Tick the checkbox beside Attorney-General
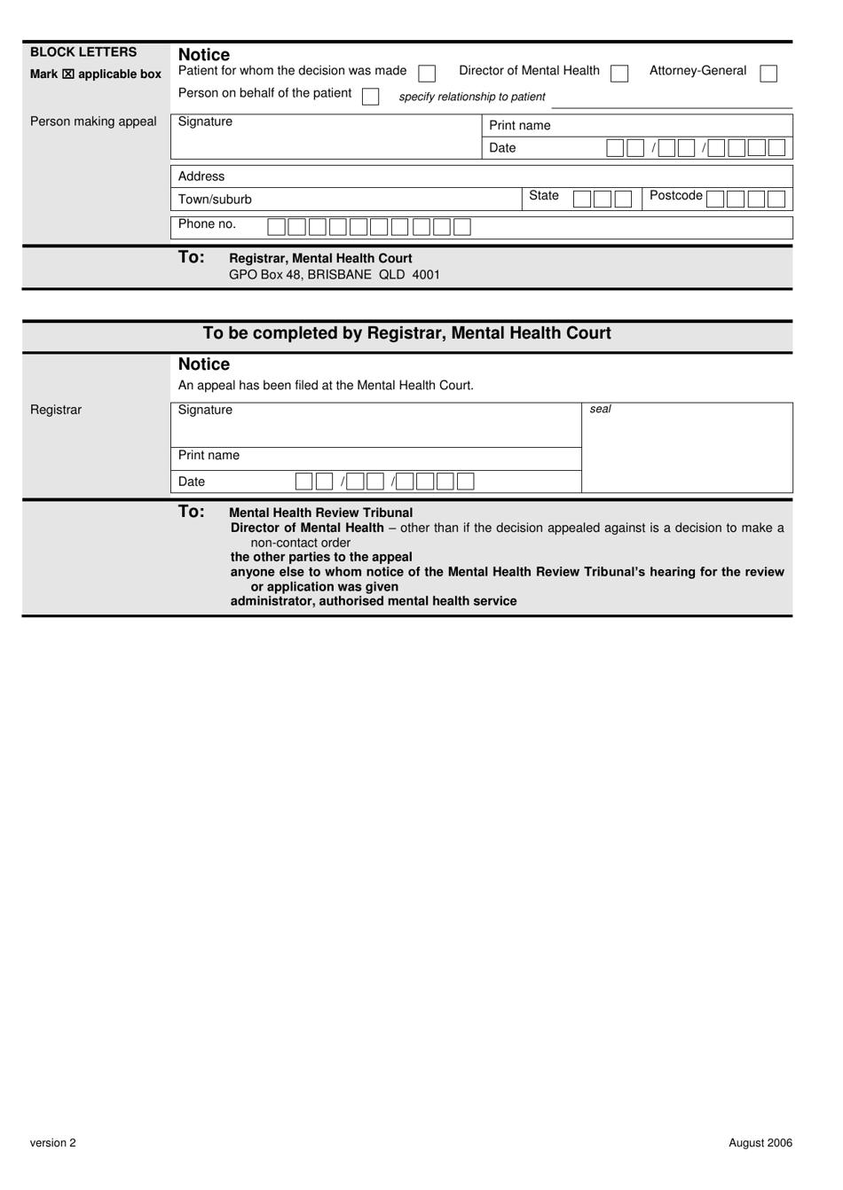click(768, 74)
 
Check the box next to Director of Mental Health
click(619, 74)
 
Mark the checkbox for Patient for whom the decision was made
click(427, 74)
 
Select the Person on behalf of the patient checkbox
click(370, 96)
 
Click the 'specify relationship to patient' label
click(472, 97)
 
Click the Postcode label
click(675, 195)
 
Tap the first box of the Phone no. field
click(276, 227)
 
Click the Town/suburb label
click(215, 200)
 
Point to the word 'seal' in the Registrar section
click(601, 410)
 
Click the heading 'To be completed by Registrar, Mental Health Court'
click(406, 333)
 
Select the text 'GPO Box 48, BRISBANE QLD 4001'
click(334, 275)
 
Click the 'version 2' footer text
click(53, 1143)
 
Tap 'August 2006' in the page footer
click(760, 1143)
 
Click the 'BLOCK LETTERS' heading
click(83, 52)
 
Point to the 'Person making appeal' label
click(93, 121)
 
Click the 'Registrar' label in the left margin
click(56, 410)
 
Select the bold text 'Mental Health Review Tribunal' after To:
click(320, 513)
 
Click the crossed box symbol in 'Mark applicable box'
click(68, 74)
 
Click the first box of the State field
click(581, 200)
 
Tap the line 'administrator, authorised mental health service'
click(374, 601)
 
